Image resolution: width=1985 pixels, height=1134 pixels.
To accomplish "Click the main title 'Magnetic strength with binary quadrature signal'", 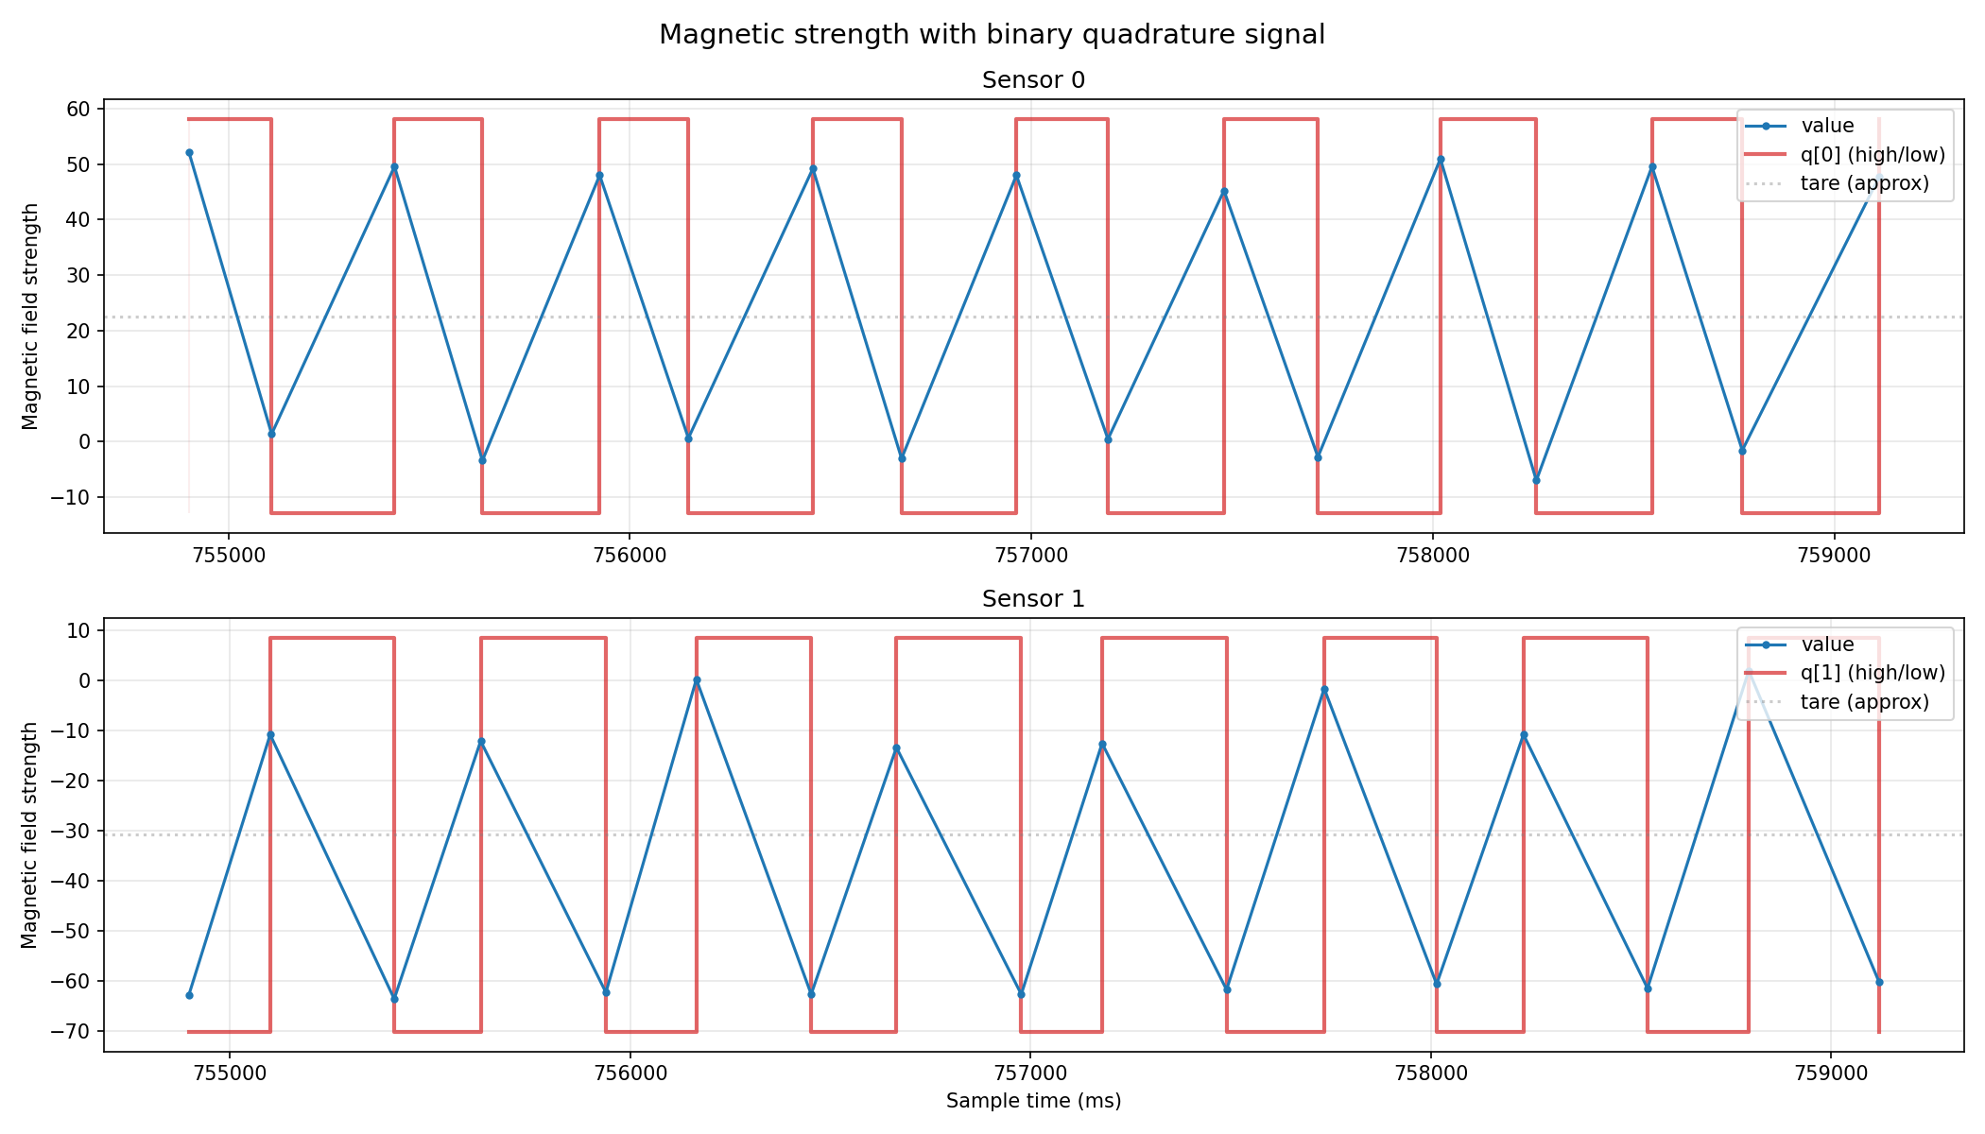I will click(x=992, y=35).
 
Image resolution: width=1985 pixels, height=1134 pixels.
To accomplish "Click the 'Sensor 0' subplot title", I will click(x=1033, y=80).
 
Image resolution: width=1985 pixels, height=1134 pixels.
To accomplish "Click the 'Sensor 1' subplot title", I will click(x=1033, y=599).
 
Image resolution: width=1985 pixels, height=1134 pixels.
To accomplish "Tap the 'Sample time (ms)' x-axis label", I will click(x=1033, y=1101).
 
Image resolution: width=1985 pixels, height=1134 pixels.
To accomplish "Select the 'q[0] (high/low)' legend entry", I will click(x=1873, y=154).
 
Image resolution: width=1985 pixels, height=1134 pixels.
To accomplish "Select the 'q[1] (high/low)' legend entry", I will click(x=1873, y=673).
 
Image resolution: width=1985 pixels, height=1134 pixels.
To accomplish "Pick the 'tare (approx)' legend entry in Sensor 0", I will click(x=1864, y=183).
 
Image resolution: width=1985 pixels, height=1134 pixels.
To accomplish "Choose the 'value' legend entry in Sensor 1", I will click(x=1827, y=644).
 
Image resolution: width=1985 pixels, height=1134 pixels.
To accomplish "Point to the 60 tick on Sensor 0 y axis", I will click(x=78, y=110).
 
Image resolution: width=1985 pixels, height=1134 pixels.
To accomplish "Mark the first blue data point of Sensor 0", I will click(x=189, y=153).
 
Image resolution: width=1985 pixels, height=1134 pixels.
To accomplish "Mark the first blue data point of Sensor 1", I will click(x=189, y=995).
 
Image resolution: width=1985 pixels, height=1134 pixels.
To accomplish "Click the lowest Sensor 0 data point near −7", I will click(x=1536, y=480).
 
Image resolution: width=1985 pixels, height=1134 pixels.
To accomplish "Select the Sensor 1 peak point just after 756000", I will click(x=697, y=680).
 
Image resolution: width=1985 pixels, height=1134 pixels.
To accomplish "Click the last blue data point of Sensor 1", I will click(x=1879, y=982).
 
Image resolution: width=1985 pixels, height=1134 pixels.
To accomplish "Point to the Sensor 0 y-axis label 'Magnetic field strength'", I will click(x=31, y=317).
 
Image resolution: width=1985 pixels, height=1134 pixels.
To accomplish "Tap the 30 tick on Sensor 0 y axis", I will click(x=78, y=276).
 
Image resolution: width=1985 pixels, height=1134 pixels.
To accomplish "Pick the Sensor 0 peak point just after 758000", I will click(x=1441, y=160).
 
